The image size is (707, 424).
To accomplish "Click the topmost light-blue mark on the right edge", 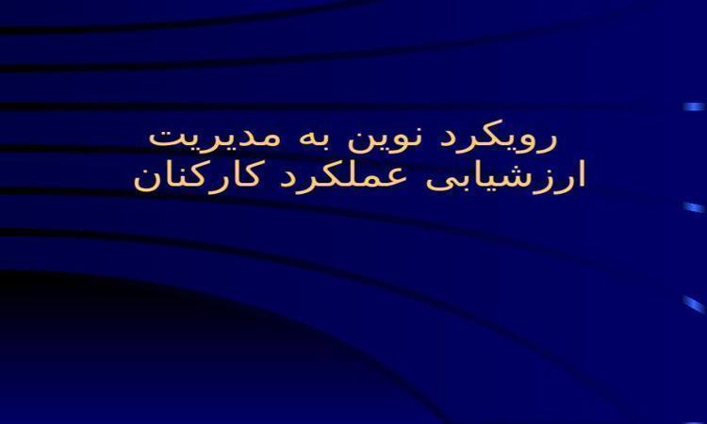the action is coord(695,106).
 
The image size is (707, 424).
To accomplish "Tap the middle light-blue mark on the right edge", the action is coord(695,207).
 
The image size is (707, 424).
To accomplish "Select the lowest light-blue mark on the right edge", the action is coord(695,303).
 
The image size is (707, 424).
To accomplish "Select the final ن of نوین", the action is coord(360,143).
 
